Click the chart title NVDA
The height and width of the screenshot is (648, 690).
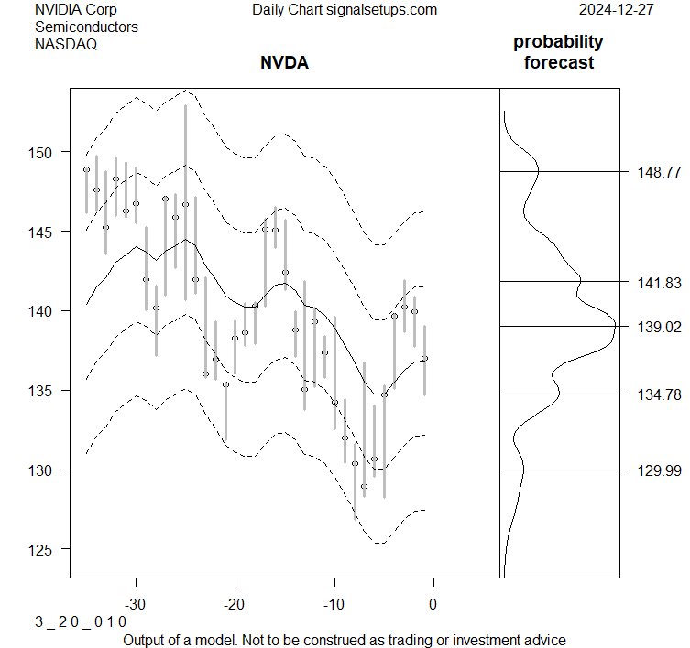pyautogui.click(x=284, y=63)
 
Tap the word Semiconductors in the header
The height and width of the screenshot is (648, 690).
pyautogui.click(x=86, y=27)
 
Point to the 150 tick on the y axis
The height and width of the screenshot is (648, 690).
pyautogui.click(x=38, y=152)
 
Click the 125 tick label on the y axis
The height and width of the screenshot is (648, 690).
pyautogui.click(x=38, y=549)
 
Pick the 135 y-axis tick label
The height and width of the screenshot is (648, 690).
pyautogui.click(x=38, y=391)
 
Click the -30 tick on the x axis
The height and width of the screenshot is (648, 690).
pyautogui.click(x=137, y=604)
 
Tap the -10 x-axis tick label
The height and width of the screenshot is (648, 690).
pyautogui.click(x=334, y=604)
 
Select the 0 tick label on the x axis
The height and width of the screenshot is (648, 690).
pyautogui.click(x=433, y=604)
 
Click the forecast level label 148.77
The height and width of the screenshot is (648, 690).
pyautogui.click(x=659, y=172)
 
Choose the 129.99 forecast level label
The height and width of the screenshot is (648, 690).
pyautogui.click(x=659, y=470)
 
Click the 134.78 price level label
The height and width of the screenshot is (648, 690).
pyautogui.click(x=659, y=394)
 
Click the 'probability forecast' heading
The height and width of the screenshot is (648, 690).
pyautogui.click(x=558, y=52)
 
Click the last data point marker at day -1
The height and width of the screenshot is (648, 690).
pyautogui.click(x=424, y=358)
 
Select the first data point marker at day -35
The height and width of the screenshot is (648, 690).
pyautogui.click(x=86, y=169)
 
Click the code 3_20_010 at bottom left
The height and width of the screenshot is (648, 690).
pyautogui.click(x=81, y=622)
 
